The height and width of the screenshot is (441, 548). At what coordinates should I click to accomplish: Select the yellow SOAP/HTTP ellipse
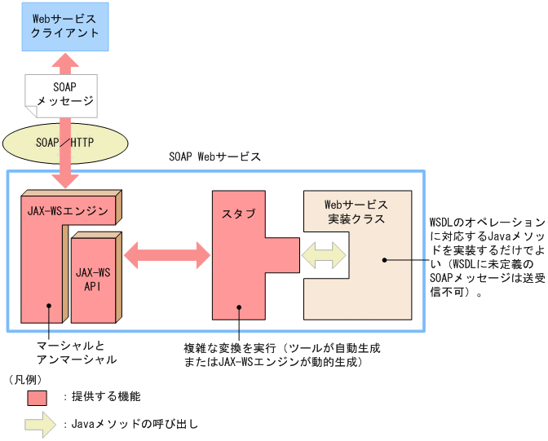[65, 141]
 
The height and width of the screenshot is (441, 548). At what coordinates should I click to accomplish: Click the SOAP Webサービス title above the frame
[214, 156]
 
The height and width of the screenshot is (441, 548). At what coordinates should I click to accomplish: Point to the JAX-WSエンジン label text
[67, 211]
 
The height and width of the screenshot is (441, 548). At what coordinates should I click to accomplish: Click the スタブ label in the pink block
[238, 214]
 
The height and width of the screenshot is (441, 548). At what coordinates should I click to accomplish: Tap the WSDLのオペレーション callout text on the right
[486, 257]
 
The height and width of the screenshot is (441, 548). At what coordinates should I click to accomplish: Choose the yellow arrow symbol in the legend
[39, 425]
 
